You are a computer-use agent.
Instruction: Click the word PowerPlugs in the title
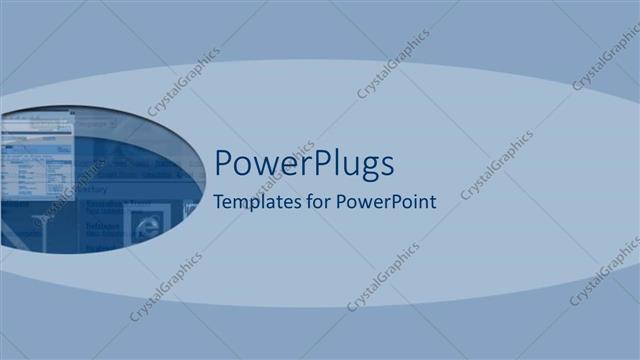pyautogui.click(x=304, y=163)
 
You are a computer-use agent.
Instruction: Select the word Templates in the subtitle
pyautogui.click(x=255, y=201)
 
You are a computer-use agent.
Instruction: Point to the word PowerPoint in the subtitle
pyautogui.click(x=385, y=201)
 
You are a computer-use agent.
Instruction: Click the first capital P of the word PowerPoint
pyautogui.click(x=342, y=201)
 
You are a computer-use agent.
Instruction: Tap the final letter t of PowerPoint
pyautogui.click(x=433, y=201)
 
